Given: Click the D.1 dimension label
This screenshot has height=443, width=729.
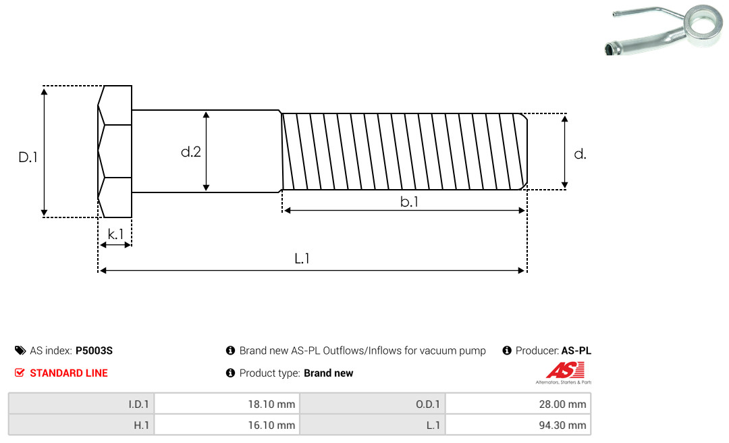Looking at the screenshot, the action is [x=28, y=157].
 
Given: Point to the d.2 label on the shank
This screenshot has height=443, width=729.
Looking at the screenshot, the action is [x=190, y=152].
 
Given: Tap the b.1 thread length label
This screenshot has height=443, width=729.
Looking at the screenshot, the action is [x=409, y=201].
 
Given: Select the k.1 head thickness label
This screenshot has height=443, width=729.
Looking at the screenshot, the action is [x=115, y=234].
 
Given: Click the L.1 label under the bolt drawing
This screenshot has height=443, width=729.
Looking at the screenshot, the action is [x=302, y=258].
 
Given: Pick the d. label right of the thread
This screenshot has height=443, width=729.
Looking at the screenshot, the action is [x=580, y=154].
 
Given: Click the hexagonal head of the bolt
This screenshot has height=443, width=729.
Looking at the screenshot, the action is [x=115, y=151].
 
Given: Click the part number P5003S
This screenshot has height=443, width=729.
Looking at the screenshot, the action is [x=94, y=350].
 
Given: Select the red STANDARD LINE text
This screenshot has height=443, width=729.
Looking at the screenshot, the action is [x=69, y=373].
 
